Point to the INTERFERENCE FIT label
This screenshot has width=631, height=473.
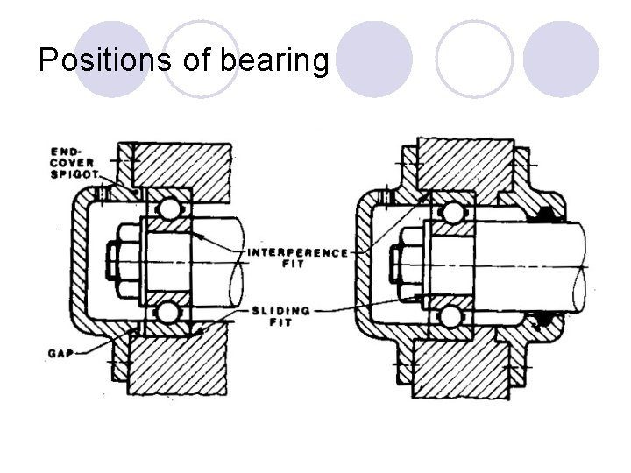click(297, 258)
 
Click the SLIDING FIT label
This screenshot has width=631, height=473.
click(280, 315)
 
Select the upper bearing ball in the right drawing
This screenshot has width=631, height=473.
click(453, 213)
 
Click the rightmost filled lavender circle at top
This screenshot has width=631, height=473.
click(561, 59)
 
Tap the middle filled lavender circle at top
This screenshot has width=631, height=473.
click(374, 59)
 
